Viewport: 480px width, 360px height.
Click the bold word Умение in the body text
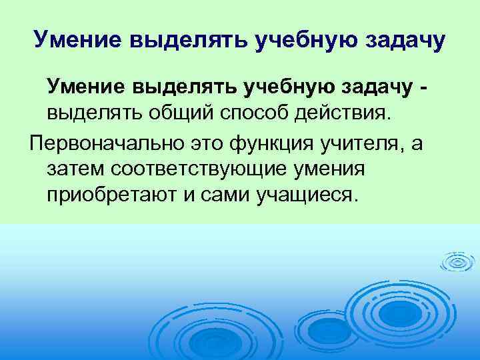point(87,86)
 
